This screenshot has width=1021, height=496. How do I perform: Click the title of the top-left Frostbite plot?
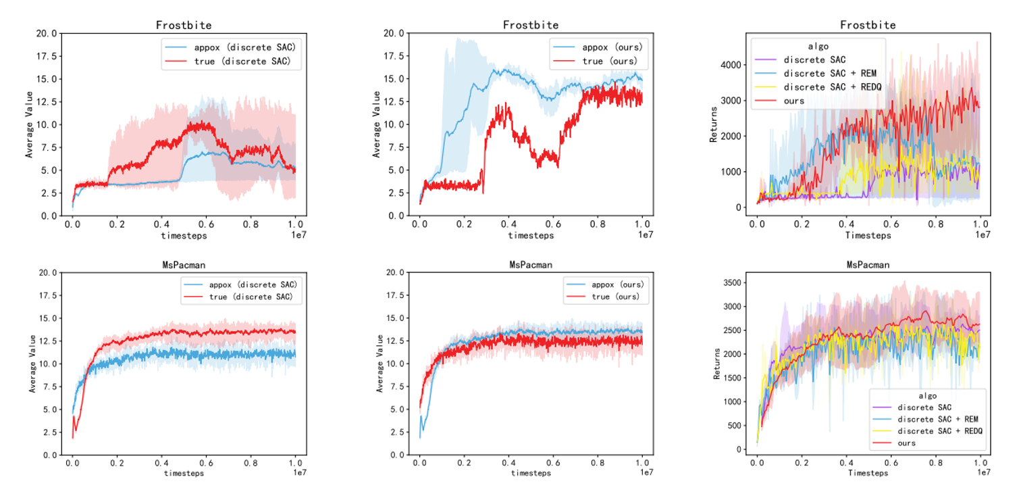184,25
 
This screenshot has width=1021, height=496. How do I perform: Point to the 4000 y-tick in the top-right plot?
736,65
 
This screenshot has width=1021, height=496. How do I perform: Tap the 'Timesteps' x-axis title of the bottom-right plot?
868,474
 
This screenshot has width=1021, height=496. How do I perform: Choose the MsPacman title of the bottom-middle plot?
531,265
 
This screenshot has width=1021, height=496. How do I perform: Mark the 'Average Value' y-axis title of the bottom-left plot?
31,364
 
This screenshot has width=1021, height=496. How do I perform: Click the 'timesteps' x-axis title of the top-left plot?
184,236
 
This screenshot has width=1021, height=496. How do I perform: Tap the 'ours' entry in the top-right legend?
795,100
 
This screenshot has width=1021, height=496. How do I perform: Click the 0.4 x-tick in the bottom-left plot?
161,464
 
